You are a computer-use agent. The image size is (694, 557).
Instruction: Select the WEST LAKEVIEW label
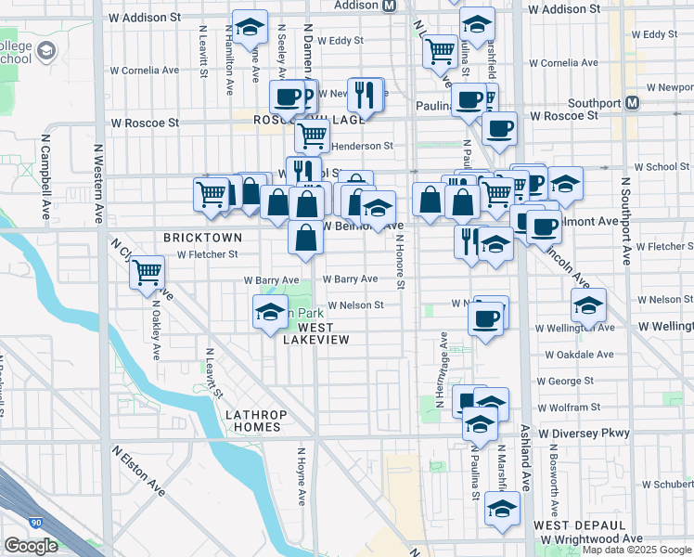tap(316, 333)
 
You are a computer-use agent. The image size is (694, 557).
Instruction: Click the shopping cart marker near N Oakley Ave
tap(148, 273)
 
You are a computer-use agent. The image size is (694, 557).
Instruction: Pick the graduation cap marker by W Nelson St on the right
tap(588, 304)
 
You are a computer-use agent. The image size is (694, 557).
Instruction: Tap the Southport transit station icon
tap(633, 102)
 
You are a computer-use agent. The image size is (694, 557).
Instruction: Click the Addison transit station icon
tap(389, 5)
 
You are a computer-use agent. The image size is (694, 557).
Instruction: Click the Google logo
tap(31, 546)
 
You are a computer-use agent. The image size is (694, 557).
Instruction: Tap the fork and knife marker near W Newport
tap(368, 94)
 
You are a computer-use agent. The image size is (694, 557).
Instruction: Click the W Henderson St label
tap(363, 146)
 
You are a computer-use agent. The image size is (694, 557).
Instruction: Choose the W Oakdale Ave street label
tap(579, 354)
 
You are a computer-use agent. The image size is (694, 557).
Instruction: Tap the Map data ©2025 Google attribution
tap(637, 550)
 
